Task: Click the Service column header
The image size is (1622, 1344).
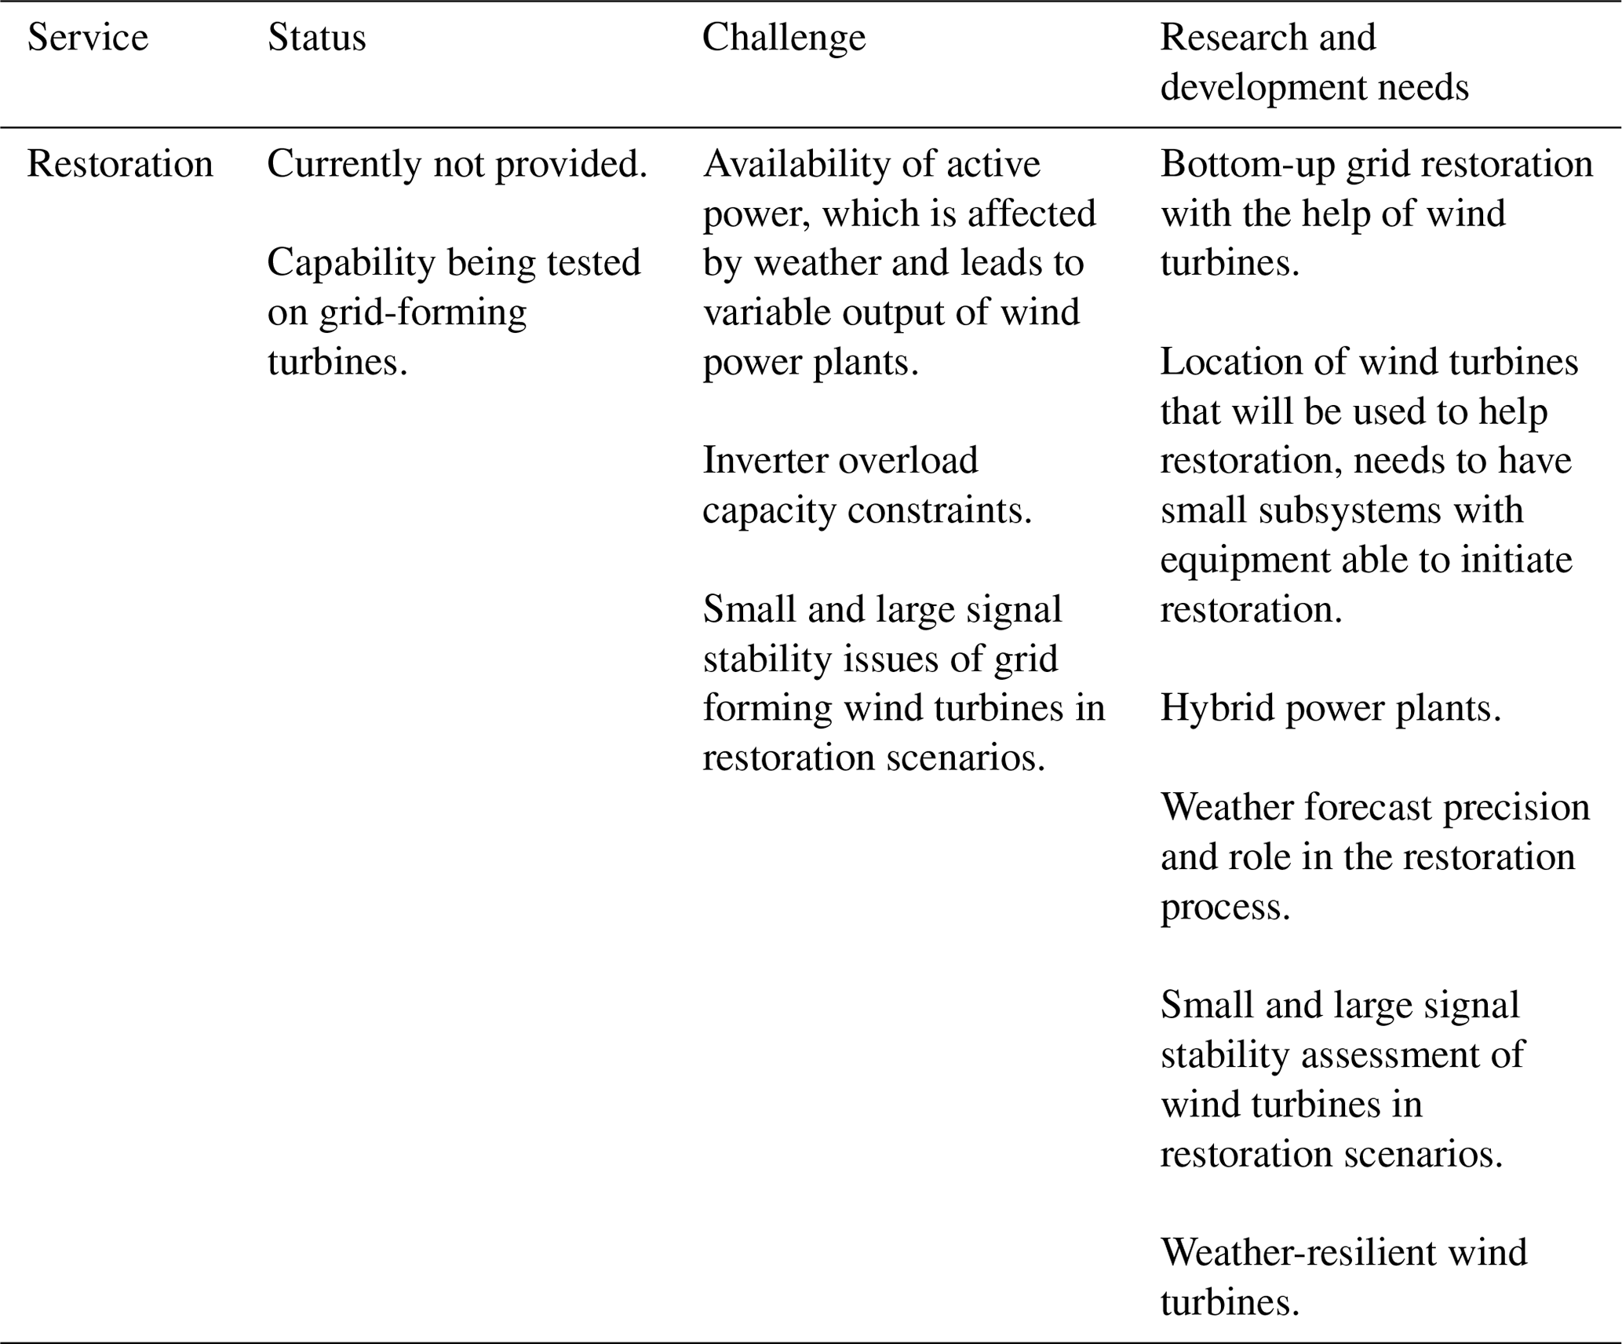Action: pyautogui.click(x=87, y=38)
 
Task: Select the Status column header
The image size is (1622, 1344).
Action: pyautogui.click(x=316, y=38)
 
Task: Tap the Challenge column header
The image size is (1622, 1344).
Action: pyautogui.click(x=783, y=38)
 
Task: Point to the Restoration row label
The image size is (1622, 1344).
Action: pyautogui.click(x=120, y=164)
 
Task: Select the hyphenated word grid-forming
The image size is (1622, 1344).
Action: pyautogui.click(x=422, y=312)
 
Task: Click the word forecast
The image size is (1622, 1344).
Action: pyautogui.click(x=1359, y=807)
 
